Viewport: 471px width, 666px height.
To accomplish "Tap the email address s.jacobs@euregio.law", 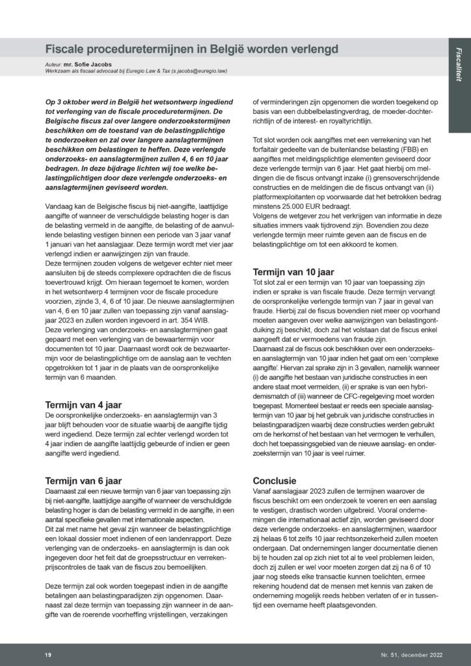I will tap(195, 72).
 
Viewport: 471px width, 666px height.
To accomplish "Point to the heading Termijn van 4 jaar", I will tap(84, 403).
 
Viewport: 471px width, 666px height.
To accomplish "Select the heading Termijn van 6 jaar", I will tap(84, 481).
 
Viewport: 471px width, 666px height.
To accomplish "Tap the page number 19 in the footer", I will tap(47, 653).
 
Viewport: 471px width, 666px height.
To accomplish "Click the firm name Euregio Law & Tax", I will tap(137, 72).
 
